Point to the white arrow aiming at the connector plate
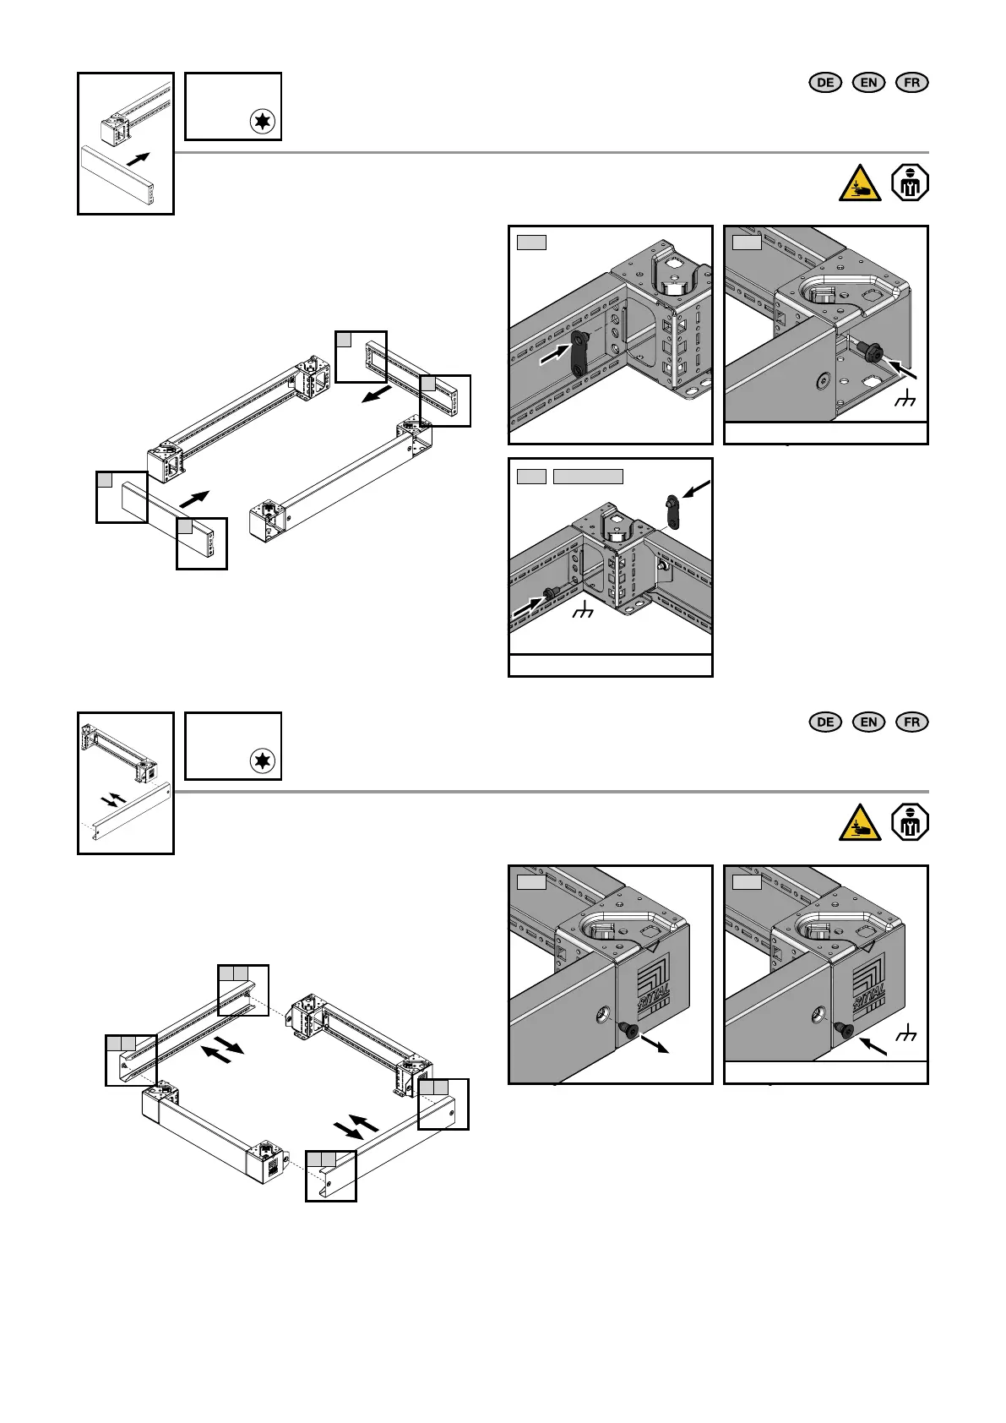point(554,354)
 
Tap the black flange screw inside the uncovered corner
point(868,349)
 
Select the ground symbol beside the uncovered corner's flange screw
point(905,398)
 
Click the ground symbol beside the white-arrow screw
point(582,611)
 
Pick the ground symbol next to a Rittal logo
point(905,1033)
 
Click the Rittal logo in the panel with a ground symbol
point(868,984)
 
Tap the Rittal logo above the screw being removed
point(653,984)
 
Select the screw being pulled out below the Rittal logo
point(628,1030)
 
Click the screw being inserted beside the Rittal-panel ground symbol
point(844,1028)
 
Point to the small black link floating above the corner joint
point(672,511)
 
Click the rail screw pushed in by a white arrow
point(549,595)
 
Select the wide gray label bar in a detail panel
point(588,477)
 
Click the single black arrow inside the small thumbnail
point(138,159)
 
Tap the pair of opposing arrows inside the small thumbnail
point(113,799)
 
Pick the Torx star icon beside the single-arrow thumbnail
point(263,121)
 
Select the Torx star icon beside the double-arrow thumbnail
point(263,761)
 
